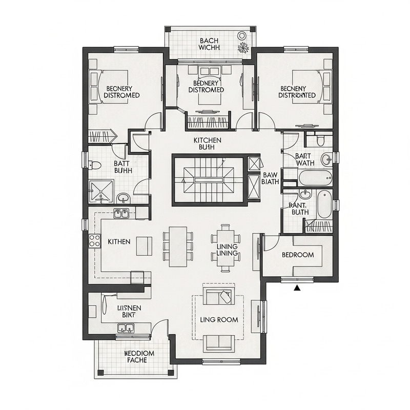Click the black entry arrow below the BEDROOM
(x=297, y=289)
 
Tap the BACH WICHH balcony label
(x=210, y=44)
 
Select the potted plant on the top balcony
(x=243, y=48)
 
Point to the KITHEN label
(x=119, y=241)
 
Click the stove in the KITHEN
(x=95, y=241)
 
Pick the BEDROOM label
(x=298, y=255)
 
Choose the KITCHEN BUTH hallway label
(x=208, y=143)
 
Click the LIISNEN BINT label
(x=126, y=311)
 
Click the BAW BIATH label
(x=270, y=178)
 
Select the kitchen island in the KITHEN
(x=145, y=247)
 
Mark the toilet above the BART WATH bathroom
(x=320, y=140)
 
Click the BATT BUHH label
(x=123, y=167)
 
